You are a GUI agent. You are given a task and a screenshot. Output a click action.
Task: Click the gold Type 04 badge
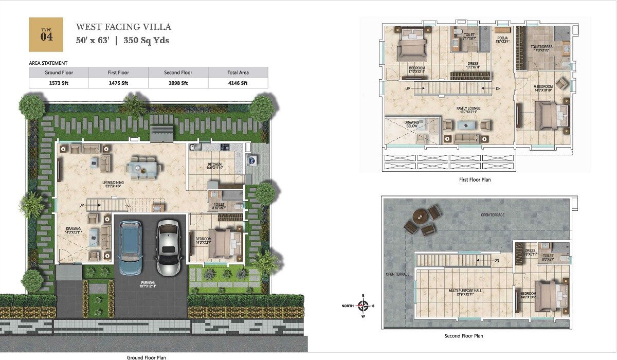[46, 34]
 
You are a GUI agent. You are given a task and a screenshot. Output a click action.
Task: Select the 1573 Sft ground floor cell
[59, 83]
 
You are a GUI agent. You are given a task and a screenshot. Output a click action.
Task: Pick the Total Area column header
[238, 73]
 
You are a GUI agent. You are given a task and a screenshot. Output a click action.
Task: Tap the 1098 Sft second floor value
[178, 83]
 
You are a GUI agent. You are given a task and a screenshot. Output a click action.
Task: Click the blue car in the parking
[130, 247]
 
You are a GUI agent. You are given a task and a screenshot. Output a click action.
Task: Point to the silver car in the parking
[168, 247]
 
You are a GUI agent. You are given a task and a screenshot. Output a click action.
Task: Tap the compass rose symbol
[364, 306]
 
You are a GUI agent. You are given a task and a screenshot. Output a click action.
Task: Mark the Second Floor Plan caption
[463, 336]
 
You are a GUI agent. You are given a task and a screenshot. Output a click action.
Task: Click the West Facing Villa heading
[123, 27]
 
